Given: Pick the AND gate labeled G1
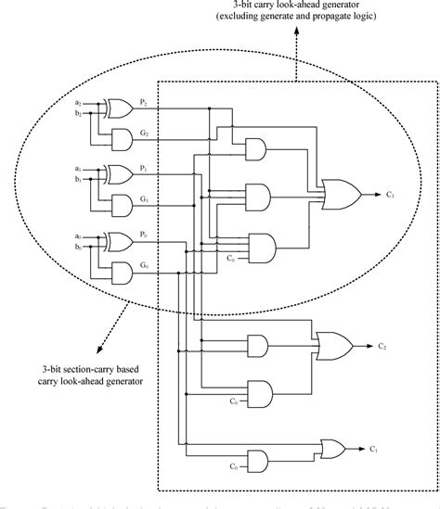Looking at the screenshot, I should pyautogui.click(x=121, y=205).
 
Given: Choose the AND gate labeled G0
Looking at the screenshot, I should pyautogui.click(x=121, y=272).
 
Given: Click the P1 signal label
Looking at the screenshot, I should pyautogui.click(x=144, y=168).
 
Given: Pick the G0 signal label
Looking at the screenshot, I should pyautogui.click(x=144, y=265).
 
